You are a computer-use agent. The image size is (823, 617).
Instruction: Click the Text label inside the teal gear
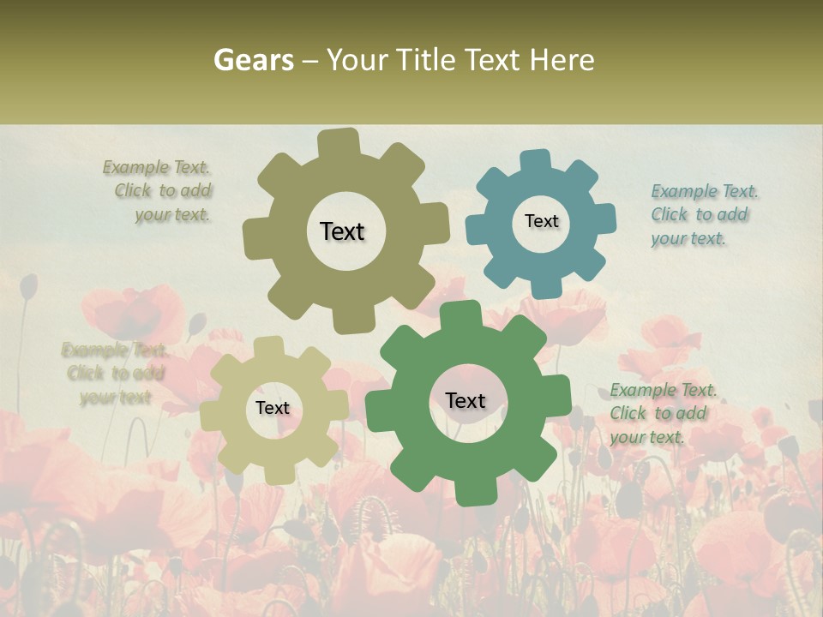541,221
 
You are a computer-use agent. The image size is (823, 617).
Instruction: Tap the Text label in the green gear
465,400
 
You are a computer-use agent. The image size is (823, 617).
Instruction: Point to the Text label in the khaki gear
272,408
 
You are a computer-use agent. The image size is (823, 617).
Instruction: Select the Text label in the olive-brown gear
342,231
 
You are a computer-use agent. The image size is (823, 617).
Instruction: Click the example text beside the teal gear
704,214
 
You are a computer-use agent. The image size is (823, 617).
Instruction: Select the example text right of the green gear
663,413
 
